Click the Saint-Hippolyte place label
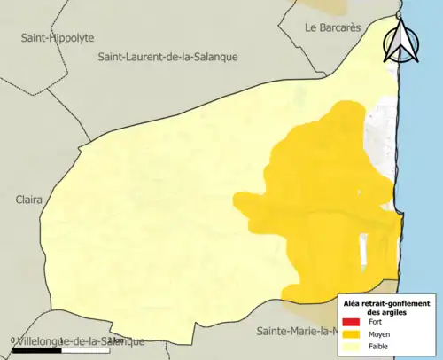[58, 38]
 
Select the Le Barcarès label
[332, 27]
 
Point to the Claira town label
[28, 200]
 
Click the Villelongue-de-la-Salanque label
[80, 341]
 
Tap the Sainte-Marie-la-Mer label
[297, 332]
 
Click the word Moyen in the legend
[379, 334]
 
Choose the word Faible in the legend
[378, 346]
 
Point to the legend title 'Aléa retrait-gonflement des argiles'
[388, 307]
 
